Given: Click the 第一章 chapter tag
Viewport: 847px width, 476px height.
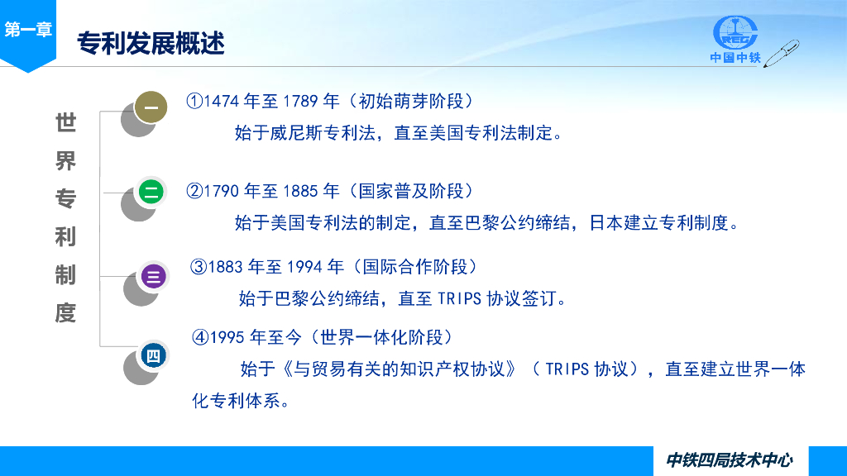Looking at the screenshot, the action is click(28, 29).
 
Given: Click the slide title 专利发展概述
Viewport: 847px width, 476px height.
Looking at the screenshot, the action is click(151, 43).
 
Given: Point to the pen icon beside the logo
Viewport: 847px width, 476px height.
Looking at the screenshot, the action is click(781, 53).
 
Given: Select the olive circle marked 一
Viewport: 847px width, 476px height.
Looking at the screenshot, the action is click(151, 107).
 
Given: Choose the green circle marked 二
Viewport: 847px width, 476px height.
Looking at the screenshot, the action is click(151, 192).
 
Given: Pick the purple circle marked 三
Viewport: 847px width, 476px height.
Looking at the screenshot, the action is click(153, 276).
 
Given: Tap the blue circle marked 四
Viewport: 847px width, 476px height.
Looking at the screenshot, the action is click(153, 355).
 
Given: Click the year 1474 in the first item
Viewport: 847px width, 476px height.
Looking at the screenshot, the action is click(221, 102).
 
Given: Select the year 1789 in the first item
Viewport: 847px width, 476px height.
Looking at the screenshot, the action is click(299, 102).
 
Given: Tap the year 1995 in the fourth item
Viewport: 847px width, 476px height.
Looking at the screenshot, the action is click(227, 338).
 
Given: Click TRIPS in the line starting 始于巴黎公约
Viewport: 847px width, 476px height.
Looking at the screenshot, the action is click(459, 299).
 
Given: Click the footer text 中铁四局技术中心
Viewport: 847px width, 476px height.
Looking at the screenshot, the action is click(730, 460).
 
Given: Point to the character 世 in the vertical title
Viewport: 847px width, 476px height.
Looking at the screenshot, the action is click(66, 123).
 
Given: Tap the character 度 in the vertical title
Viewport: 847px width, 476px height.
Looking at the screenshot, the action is click(66, 313).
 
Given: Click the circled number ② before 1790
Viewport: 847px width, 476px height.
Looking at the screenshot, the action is click(194, 191).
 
